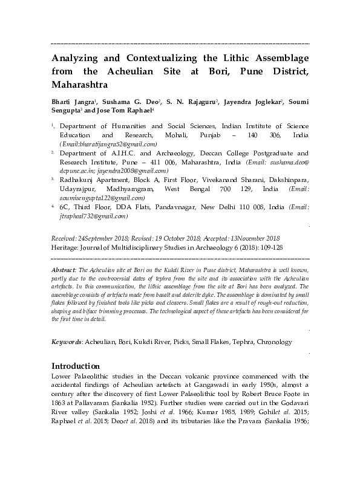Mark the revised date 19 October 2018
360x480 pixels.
pyautogui.click(x=158, y=239)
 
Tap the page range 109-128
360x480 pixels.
pyautogui.click(x=269, y=247)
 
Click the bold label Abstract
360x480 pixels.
pyautogui.click(x=64, y=267)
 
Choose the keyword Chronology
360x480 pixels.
pyautogui.click(x=273, y=342)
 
